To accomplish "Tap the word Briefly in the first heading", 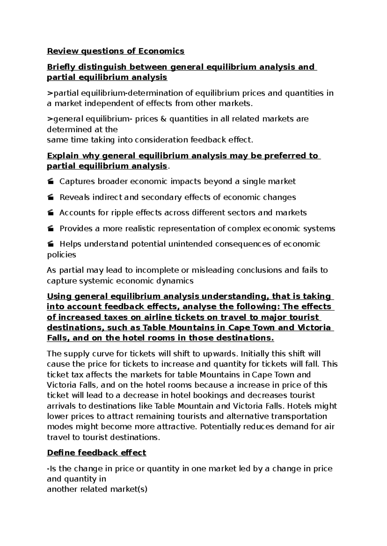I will click(60, 67).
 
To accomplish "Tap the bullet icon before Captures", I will click(50, 182).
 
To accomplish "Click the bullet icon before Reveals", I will click(50, 198).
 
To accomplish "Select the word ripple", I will click(121, 213).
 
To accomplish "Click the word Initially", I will click(250, 354).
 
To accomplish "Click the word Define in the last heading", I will click(60, 453).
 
